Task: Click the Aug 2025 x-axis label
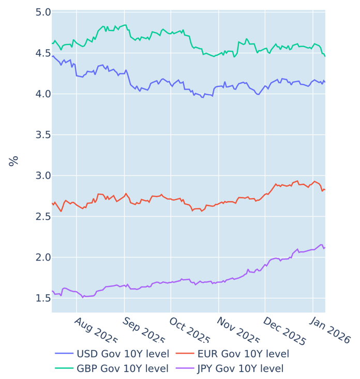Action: [x=96, y=331]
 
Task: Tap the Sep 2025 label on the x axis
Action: [x=143, y=331]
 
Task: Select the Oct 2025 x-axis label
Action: [x=190, y=331]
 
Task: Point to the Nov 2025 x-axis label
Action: [x=237, y=331]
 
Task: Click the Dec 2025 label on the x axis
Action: [x=284, y=331]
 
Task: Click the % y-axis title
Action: [x=14, y=161]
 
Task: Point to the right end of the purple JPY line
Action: [x=325, y=248]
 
